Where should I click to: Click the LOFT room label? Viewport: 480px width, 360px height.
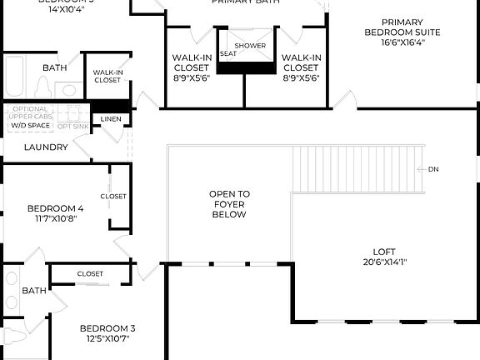[384, 251]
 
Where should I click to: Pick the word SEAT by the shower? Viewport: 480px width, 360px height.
[228, 54]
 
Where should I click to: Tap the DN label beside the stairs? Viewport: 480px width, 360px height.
[433, 169]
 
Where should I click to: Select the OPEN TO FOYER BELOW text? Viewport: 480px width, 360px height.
[229, 204]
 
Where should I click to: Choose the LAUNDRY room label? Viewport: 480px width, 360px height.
[46, 147]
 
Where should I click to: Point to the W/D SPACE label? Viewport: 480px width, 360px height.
[30, 125]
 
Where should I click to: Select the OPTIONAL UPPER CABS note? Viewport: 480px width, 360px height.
[31, 113]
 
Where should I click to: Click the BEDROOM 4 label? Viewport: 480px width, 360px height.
[55, 208]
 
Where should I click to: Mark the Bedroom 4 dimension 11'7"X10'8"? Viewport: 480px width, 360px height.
[55, 219]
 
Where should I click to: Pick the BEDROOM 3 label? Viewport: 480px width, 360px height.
[107, 328]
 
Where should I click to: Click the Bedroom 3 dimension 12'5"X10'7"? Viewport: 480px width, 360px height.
[107, 339]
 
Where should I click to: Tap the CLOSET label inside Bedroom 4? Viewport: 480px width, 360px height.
[113, 197]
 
